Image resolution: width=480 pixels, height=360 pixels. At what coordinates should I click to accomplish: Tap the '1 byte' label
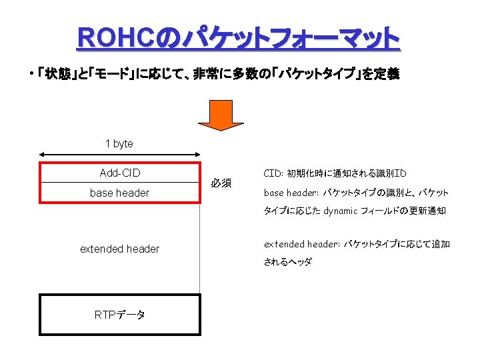119,143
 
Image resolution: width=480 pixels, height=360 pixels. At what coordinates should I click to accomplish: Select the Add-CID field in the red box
120,173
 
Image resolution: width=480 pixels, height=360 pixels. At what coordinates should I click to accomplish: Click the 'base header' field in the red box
120,193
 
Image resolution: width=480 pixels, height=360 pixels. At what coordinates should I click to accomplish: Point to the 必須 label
221,183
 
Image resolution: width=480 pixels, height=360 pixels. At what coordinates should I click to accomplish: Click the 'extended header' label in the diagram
120,249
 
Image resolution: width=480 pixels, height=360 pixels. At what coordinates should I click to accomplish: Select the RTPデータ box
120,315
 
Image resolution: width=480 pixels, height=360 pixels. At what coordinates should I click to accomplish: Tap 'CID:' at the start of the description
273,173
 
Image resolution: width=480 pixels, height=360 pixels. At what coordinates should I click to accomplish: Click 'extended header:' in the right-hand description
302,244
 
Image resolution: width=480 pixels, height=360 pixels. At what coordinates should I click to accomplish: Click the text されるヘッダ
287,262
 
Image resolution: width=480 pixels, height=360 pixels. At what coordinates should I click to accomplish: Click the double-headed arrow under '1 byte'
120,154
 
